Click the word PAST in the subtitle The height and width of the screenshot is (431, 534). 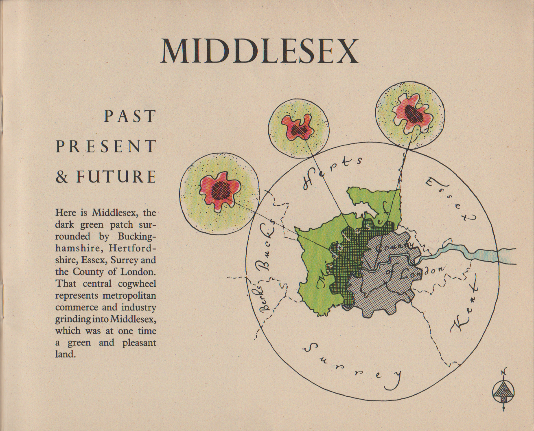(130, 117)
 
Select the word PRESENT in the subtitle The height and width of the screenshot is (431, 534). (106, 146)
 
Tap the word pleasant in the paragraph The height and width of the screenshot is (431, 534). (139, 343)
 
